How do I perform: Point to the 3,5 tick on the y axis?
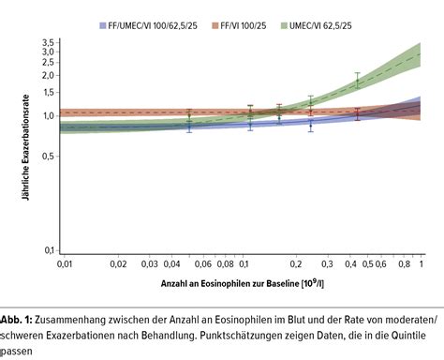(46, 43)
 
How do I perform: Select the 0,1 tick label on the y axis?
(46, 250)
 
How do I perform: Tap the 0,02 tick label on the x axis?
(118, 265)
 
